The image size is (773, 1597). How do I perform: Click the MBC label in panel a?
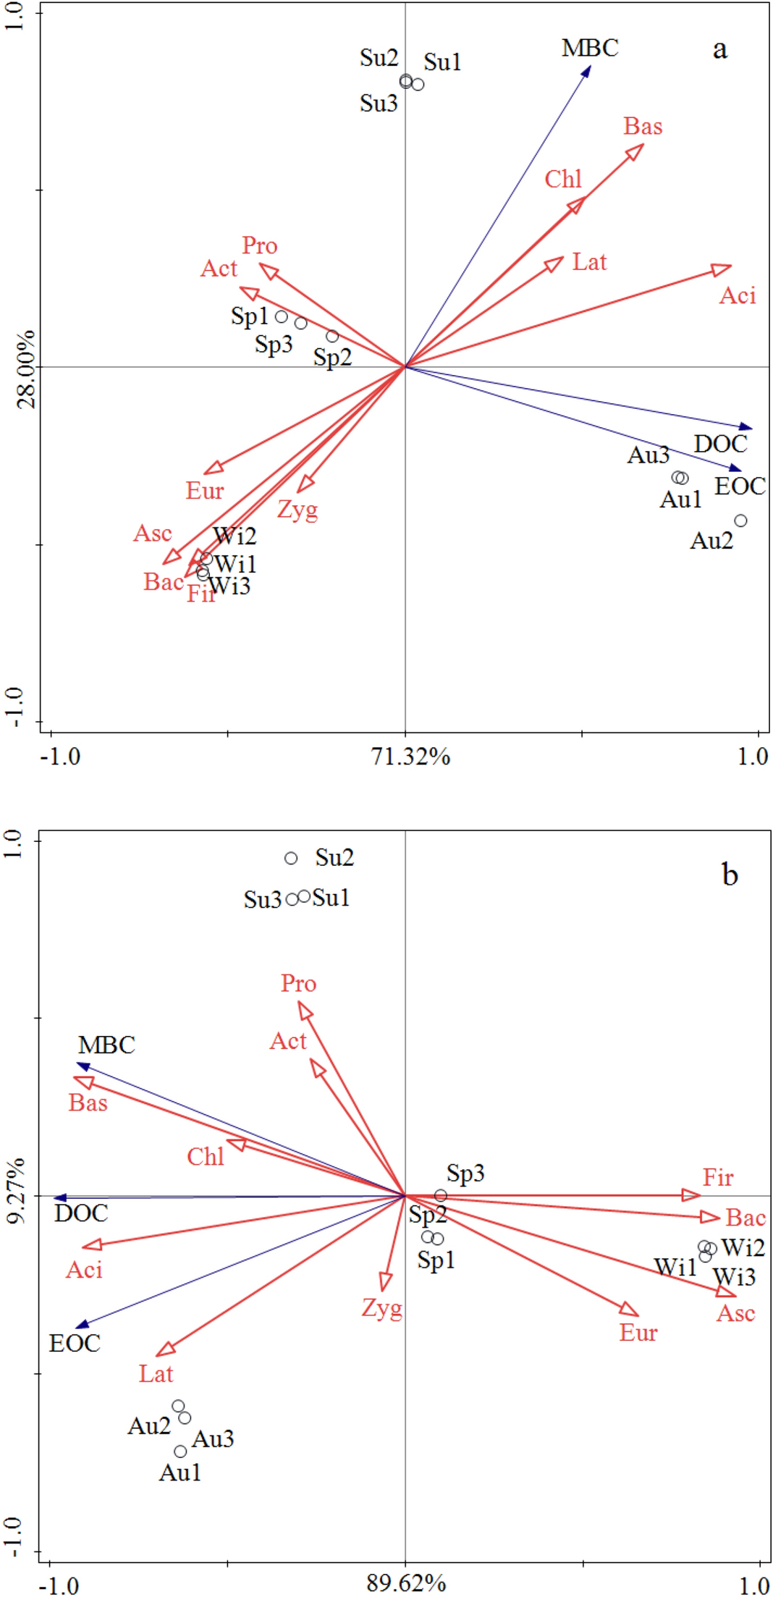(x=590, y=49)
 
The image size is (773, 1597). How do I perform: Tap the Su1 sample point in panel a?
(x=418, y=85)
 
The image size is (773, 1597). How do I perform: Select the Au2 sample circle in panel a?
(x=740, y=521)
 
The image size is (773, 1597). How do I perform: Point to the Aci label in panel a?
(x=737, y=295)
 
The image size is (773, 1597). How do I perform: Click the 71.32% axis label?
(x=410, y=757)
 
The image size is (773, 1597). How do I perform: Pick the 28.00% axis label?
(x=27, y=368)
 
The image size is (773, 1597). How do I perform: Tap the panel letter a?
(x=719, y=49)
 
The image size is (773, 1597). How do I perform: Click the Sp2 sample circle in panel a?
(x=332, y=336)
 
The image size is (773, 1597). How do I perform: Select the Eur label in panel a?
(x=205, y=491)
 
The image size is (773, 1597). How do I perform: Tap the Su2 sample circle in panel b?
(x=291, y=858)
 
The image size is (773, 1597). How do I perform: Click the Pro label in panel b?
(x=298, y=984)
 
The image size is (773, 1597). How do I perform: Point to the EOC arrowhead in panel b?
(x=82, y=1326)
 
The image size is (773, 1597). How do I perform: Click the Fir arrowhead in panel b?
(x=693, y=1195)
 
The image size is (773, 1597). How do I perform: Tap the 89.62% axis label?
(x=406, y=1583)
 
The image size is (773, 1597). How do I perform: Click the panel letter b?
(x=730, y=875)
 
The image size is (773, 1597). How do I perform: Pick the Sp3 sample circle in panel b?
(x=441, y=1195)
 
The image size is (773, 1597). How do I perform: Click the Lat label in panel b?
(x=156, y=1374)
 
